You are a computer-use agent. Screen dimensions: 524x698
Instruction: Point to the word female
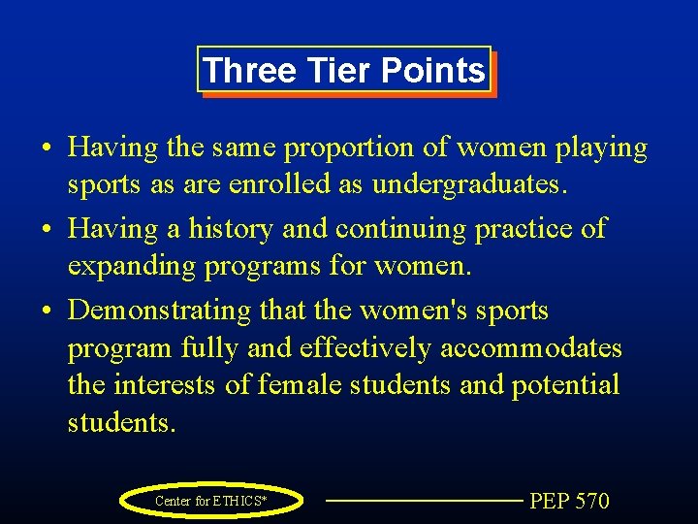(301, 385)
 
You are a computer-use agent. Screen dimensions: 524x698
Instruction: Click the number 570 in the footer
(591, 501)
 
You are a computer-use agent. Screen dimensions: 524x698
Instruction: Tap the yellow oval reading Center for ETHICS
(211, 501)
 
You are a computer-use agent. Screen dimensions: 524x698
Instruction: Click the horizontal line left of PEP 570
(423, 501)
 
